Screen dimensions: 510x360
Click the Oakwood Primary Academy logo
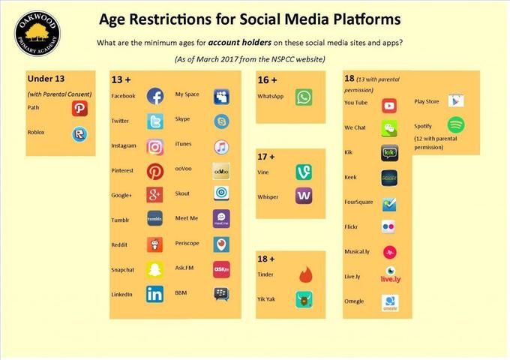pyautogui.click(x=37, y=34)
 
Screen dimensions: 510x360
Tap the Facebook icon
pyautogui.click(x=155, y=96)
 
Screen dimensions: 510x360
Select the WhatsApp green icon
pyautogui.click(x=304, y=97)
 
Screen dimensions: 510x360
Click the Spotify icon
pyautogui.click(x=456, y=125)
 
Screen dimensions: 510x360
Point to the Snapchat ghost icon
pyautogui.click(x=154, y=269)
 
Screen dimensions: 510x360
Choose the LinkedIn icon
pyautogui.click(x=154, y=294)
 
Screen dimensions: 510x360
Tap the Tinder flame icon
pyautogui.click(x=305, y=274)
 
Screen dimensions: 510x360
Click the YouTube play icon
pyautogui.click(x=389, y=106)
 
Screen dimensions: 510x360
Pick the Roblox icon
pyautogui.click(x=79, y=134)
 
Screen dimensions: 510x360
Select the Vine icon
pyautogui.click(x=304, y=172)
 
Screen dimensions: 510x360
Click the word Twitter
pyautogui.click(x=120, y=121)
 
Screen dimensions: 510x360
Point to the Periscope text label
pyautogui.click(x=187, y=243)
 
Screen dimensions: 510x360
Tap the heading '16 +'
pyautogui.click(x=267, y=80)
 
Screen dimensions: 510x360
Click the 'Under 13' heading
pyautogui.click(x=46, y=79)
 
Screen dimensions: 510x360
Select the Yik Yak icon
pyautogui.click(x=304, y=299)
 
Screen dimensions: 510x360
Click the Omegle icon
pyautogui.click(x=390, y=303)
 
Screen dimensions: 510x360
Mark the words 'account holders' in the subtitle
pyautogui.click(x=240, y=42)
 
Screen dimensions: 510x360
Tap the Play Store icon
pyautogui.click(x=456, y=100)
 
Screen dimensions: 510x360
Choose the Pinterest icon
pyautogui.click(x=155, y=172)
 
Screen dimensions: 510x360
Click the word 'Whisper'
pyautogui.click(x=268, y=197)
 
